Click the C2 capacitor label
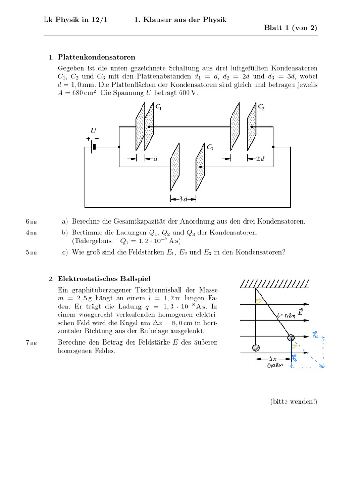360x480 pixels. coord(261,107)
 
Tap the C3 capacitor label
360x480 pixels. coord(210,148)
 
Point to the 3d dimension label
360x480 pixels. coord(183,199)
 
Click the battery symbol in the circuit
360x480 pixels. coord(93,147)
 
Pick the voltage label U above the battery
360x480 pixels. coord(93,131)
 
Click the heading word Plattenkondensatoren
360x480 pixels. coord(96,57)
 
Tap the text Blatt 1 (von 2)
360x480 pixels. coord(291,28)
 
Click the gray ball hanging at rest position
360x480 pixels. coord(255,348)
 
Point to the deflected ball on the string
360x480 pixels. coord(291,337)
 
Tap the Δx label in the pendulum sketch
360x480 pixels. coord(273,359)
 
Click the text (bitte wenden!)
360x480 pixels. coord(294,401)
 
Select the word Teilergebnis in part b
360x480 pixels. coord(91,241)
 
